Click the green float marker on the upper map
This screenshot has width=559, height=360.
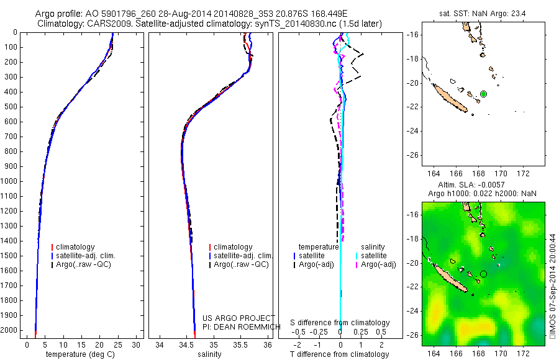(x=483, y=94)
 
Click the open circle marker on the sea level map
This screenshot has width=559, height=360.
(x=483, y=273)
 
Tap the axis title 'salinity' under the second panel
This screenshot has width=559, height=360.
(x=208, y=354)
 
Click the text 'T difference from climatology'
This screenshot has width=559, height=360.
(x=340, y=354)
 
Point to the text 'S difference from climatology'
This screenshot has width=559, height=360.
(x=340, y=323)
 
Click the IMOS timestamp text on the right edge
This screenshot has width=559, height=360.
(x=553, y=286)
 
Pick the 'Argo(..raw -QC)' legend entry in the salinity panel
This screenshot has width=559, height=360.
(x=241, y=264)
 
